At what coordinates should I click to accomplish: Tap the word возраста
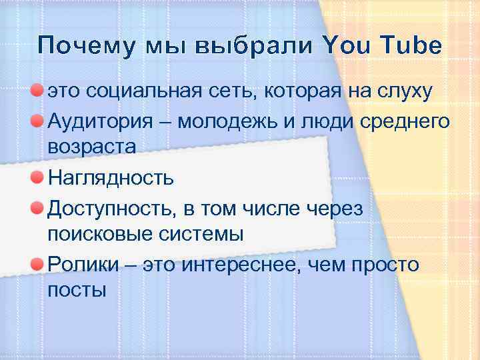tap(92, 148)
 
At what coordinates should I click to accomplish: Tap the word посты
tap(77, 291)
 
